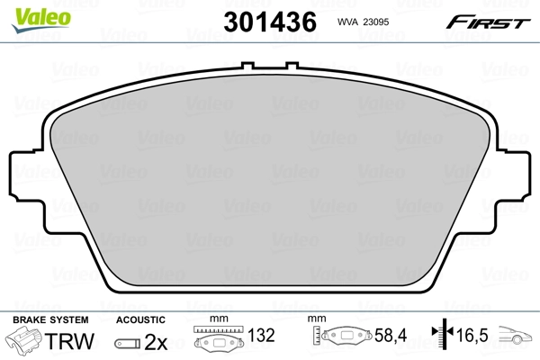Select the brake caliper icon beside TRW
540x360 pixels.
point(28,343)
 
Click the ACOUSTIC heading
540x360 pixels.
point(141,319)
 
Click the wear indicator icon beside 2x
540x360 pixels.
point(127,344)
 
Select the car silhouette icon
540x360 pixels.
point(518,340)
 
